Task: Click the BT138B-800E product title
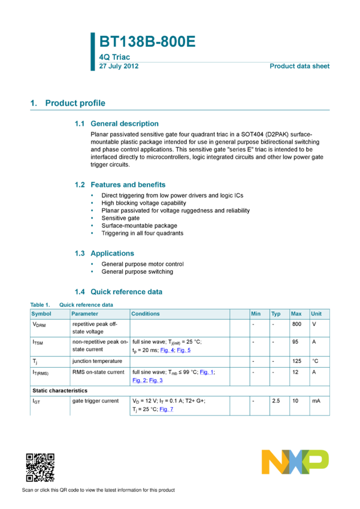click(x=147, y=41)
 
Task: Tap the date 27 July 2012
click(x=119, y=66)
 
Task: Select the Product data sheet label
click(x=300, y=66)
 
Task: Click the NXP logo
click(x=295, y=462)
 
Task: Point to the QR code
click(x=40, y=468)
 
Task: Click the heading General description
click(x=125, y=124)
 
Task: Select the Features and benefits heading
click(x=128, y=184)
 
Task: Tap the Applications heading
click(x=113, y=253)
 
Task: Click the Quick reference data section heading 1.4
click(x=126, y=292)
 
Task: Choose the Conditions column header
click(x=146, y=314)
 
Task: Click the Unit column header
click(x=316, y=314)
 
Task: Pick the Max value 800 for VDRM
click(x=297, y=324)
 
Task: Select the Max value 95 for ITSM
click(x=295, y=342)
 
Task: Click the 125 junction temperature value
click(x=297, y=361)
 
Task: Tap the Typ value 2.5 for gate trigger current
click(x=276, y=401)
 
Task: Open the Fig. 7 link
click(x=166, y=410)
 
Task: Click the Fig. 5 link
click(x=184, y=350)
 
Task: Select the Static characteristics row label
click(x=60, y=390)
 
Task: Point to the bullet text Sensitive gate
click(x=120, y=218)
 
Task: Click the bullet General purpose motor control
click(x=143, y=264)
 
